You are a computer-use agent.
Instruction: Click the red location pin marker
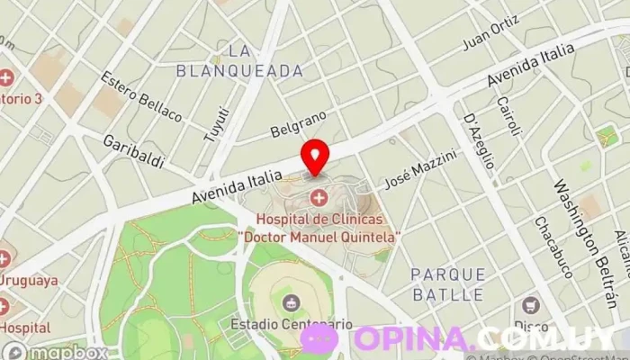click(314, 156)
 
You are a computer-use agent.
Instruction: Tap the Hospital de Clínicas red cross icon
click(318, 197)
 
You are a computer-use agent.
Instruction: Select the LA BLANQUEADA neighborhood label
click(238, 58)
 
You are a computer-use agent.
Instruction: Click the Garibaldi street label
click(133, 151)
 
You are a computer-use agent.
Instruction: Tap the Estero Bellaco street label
click(142, 97)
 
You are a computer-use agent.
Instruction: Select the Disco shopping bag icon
click(530, 304)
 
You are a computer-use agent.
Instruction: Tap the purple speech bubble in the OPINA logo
click(320, 339)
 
